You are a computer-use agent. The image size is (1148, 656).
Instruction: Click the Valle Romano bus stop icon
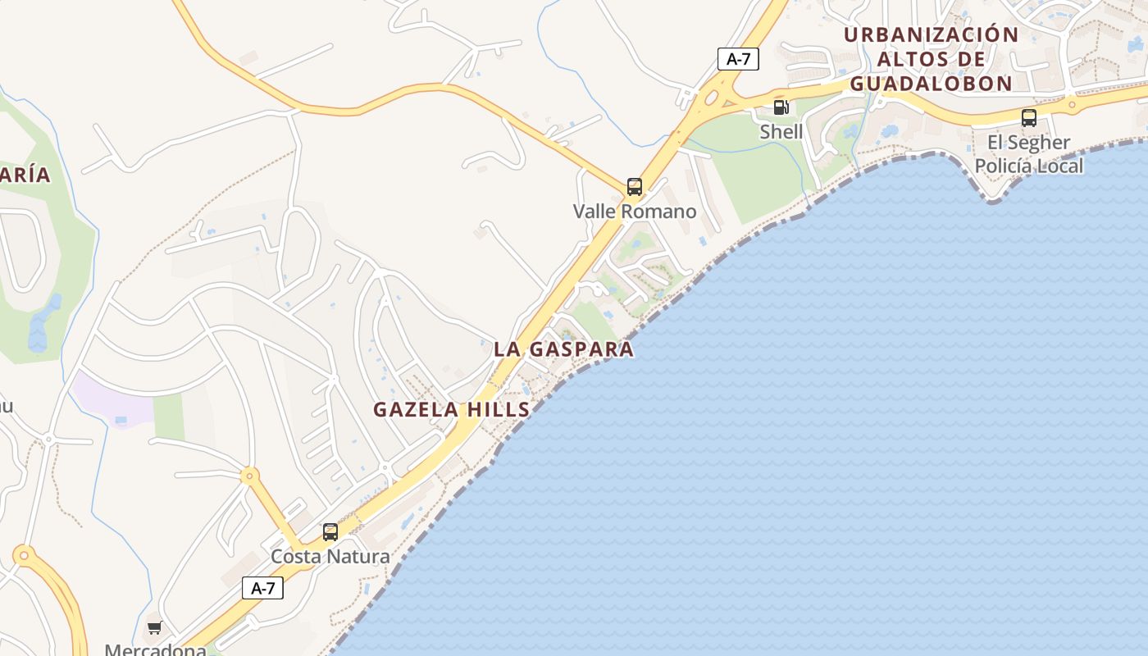pyautogui.click(x=634, y=186)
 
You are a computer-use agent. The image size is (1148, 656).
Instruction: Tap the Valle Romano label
pyautogui.click(x=635, y=211)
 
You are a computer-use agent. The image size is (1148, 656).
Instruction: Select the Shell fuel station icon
pyautogui.click(x=781, y=107)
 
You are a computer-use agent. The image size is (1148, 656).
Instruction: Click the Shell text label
pyautogui.click(x=781, y=131)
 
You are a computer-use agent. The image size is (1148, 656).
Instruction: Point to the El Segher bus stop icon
pyautogui.click(x=1028, y=117)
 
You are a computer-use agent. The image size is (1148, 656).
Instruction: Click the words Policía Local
pyautogui.click(x=1028, y=166)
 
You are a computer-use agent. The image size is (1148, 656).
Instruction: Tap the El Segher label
pyautogui.click(x=1028, y=143)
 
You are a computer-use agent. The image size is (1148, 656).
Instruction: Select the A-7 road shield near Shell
pyautogui.click(x=738, y=59)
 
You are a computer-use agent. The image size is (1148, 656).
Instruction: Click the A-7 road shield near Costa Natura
pyautogui.click(x=262, y=588)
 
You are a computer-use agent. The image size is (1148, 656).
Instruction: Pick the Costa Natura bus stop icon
pyautogui.click(x=330, y=532)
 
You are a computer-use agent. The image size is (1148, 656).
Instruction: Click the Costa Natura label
pyautogui.click(x=330, y=556)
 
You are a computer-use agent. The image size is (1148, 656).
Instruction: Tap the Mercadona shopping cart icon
pyautogui.click(x=154, y=628)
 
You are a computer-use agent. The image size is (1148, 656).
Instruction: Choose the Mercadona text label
pyautogui.click(x=155, y=649)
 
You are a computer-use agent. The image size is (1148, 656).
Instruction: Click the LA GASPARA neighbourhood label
pyautogui.click(x=563, y=349)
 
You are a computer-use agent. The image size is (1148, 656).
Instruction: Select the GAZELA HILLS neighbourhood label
pyautogui.click(x=452, y=410)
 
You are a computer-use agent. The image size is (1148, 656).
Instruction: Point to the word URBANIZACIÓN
pyautogui.click(x=931, y=35)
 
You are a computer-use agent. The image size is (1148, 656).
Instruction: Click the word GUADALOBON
pyautogui.click(x=931, y=84)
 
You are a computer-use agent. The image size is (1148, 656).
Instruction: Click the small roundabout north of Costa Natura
pyautogui.click(x=248, y=476)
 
